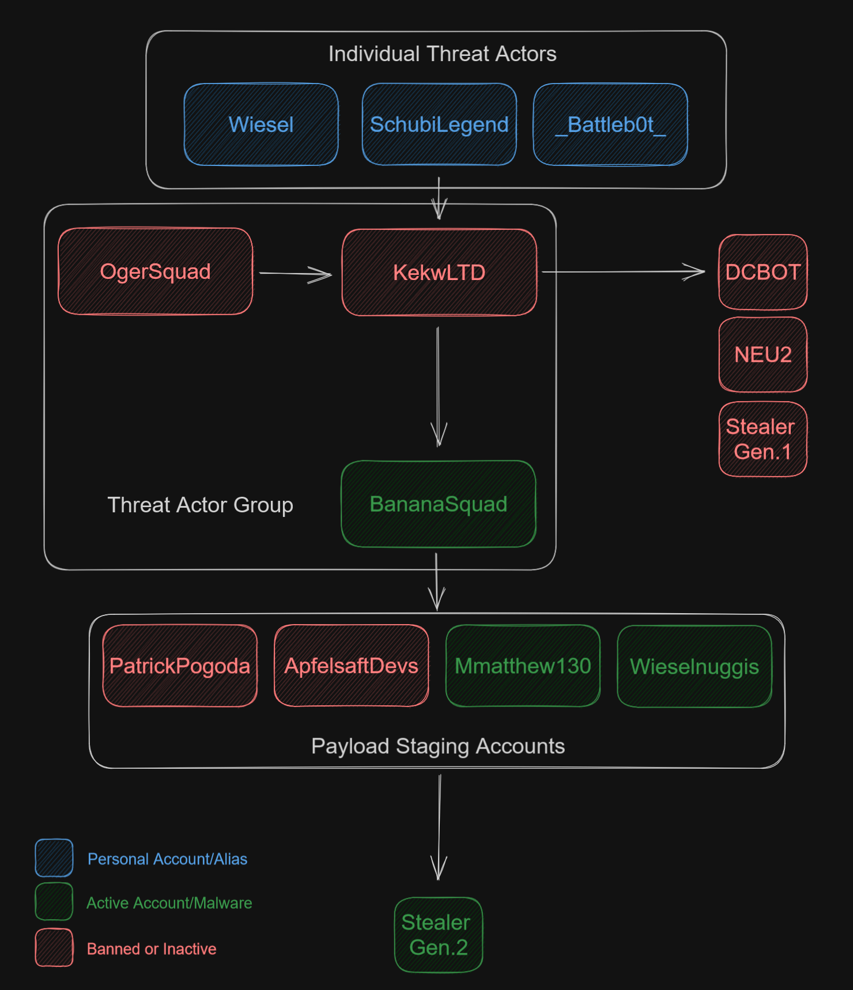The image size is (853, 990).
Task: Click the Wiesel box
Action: pos(261,124)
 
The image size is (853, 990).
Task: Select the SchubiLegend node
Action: pos(439,124)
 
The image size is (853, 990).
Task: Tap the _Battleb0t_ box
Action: pos(610,124)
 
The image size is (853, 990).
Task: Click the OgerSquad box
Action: pos(156,271)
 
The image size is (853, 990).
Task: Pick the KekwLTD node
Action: pos(439,273)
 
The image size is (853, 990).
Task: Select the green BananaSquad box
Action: pos(439,504)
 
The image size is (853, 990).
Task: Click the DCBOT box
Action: pos(763,272)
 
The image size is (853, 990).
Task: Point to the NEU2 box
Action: pos(763,354)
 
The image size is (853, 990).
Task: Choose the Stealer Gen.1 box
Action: pos(763,439)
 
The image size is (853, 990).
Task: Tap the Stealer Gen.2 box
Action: pos(438,935)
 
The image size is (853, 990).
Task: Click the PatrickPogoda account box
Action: pos(180,666)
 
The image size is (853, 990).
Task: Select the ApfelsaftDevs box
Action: pos(351,666)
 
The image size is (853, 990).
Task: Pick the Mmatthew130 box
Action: pos(523,666)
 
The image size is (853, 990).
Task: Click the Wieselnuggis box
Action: pos(695,666)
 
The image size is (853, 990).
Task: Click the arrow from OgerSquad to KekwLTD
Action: pos(295,274)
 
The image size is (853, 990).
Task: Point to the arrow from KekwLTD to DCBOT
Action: pos(622,271)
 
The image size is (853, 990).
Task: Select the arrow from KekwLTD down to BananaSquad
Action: pos(438,386)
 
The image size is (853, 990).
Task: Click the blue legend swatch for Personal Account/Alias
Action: pos(54,858)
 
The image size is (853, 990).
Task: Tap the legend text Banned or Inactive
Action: pos(152,949)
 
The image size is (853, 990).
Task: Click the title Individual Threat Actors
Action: pos(442,54)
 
